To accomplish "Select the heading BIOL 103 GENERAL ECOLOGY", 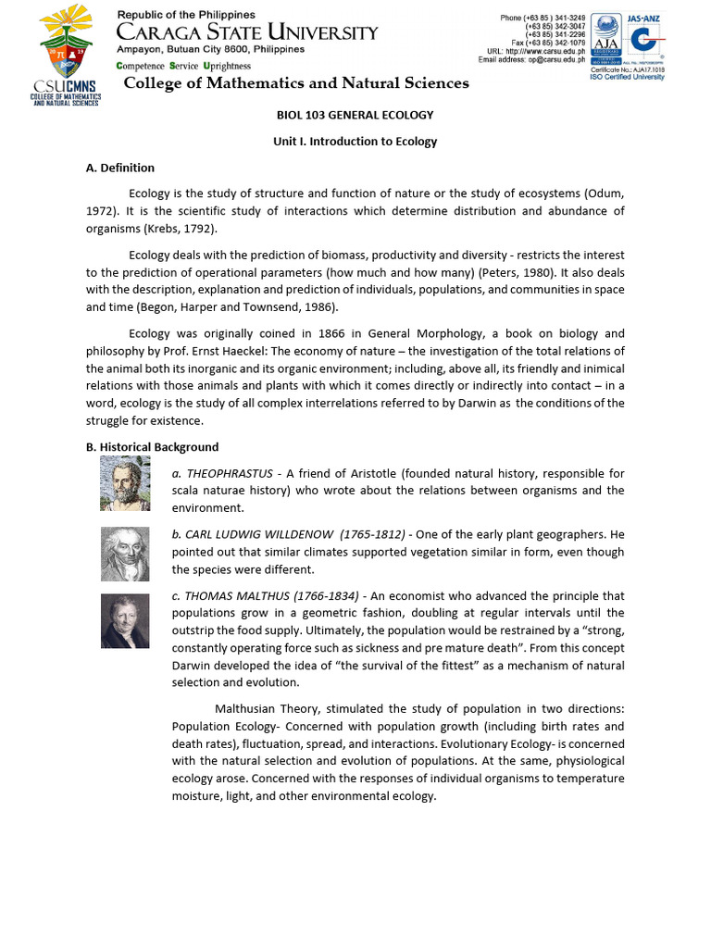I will (x=355, y=115).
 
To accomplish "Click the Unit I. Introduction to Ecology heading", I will (x=355, y=142).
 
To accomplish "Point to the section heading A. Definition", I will (x=120, y=168).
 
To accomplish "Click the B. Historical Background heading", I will (x=152, y=447).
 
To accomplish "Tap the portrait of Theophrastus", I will (x=125, y=485).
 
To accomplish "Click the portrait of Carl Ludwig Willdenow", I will (x=125, y=554).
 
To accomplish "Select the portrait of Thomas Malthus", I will (x=125, y=621).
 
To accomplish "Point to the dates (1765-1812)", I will (x=372, y=535).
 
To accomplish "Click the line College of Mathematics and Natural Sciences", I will (x=296, y=83).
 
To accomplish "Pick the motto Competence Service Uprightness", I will (x=183, y=67).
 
